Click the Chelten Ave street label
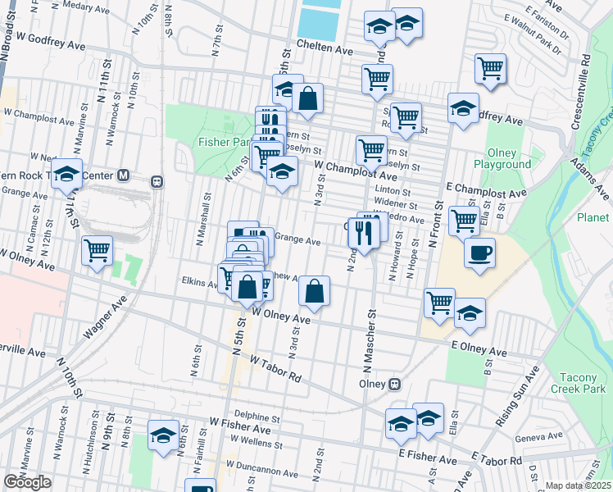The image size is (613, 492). [325, 48]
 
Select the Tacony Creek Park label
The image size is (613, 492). [580, 383]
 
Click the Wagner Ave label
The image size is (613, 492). [107, 318]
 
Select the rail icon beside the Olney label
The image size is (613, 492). [394, 384]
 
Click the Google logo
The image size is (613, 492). [27, 482]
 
